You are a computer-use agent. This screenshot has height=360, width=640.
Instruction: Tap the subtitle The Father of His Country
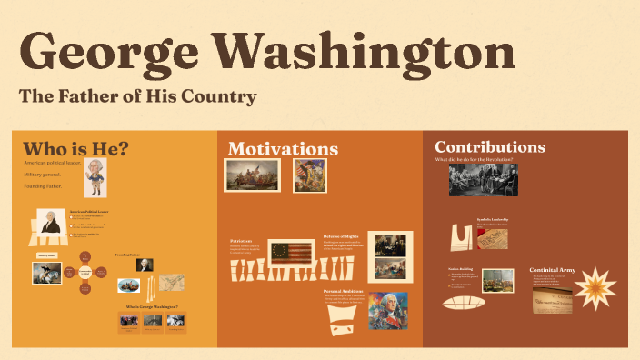138,95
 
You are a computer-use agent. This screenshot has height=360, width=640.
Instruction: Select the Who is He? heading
75,148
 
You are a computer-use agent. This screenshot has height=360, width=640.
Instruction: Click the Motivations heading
283,149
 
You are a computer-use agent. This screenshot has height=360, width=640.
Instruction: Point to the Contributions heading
490,147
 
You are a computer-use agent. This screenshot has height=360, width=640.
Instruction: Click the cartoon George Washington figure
95,177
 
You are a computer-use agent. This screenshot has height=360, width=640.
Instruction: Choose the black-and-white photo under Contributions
483,180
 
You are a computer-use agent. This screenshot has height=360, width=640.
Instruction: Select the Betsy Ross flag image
290,252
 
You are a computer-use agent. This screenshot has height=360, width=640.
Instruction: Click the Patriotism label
241,241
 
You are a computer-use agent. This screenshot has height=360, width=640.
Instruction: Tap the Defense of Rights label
342,235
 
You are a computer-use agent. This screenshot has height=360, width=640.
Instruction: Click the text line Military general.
46,174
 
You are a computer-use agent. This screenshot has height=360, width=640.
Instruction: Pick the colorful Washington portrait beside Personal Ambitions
388,311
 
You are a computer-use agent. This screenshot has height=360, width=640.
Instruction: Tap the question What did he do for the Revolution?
474,161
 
